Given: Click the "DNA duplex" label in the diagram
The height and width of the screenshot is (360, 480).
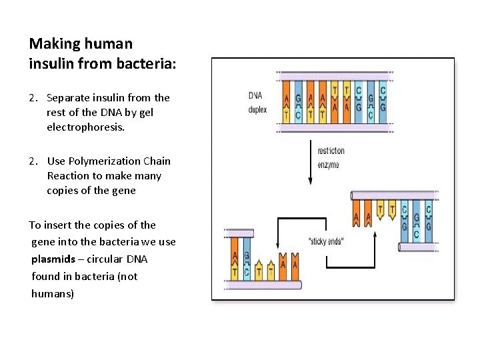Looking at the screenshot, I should (257, 102).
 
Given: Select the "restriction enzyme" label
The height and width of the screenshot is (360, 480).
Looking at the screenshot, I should (331, 158).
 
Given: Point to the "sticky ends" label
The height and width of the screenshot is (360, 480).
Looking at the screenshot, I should (325, 241).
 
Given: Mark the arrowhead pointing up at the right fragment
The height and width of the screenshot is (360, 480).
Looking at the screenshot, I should (375, 235).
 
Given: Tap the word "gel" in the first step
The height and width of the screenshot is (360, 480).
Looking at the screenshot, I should (146, 112).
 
